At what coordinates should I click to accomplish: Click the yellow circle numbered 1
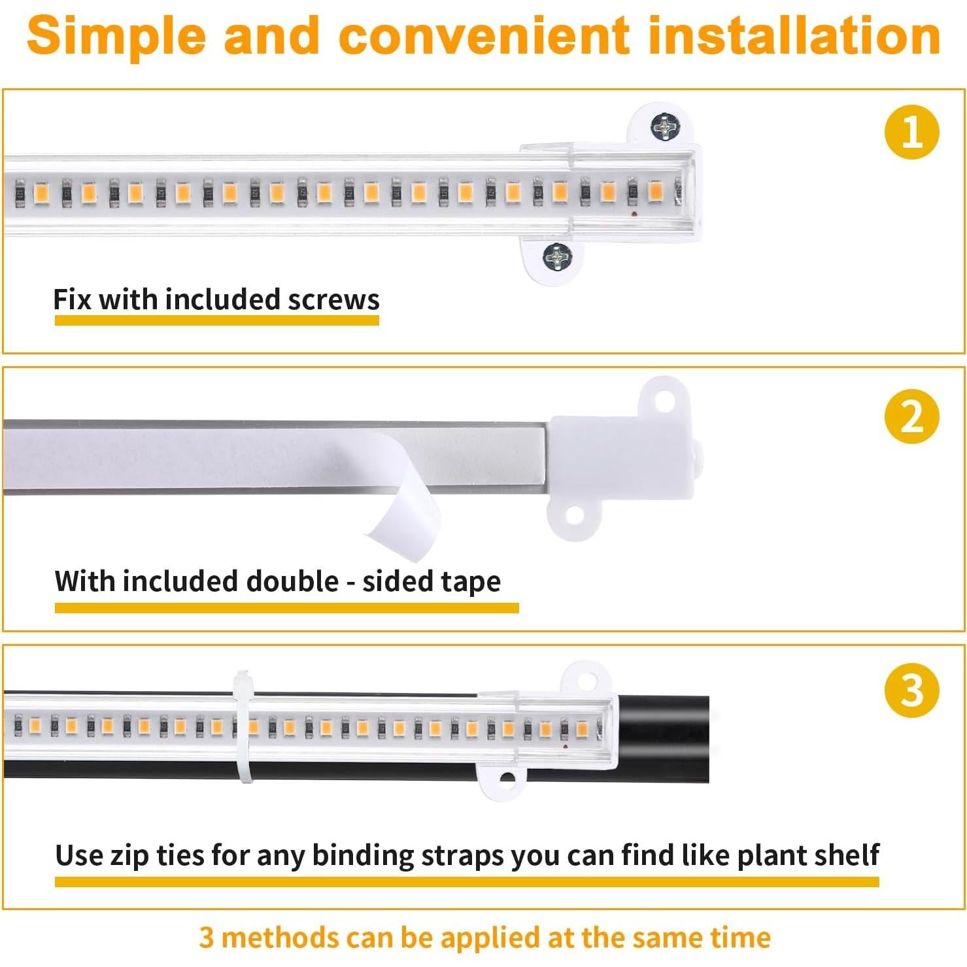(x=911, y=132)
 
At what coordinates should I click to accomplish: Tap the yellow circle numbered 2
(x=911, y=416)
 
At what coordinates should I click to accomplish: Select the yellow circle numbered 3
(x=911, y=690)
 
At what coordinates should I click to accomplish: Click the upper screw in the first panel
(x=666, y=126)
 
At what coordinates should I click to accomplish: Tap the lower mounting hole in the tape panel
(x=574, y=515)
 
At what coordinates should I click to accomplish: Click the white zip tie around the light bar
(x=244, y=726)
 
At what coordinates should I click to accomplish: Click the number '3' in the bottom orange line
(x=207, y=937)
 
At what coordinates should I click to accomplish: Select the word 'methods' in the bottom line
(x=267, y=937)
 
